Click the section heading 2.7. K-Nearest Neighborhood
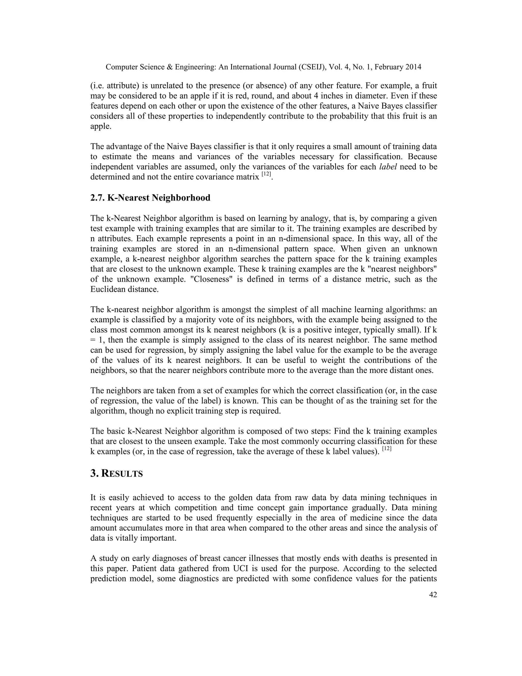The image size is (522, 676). (150, 198)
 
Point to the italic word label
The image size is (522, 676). (388, 167)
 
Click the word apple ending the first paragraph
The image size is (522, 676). (100, 126)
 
